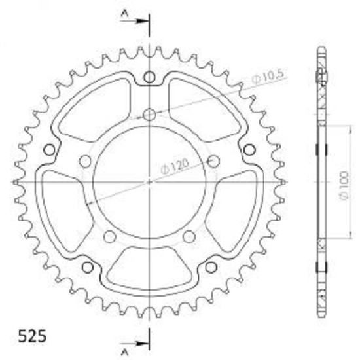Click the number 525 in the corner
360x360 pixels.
(x=32, y=336)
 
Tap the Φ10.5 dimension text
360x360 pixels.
(x=268, y=77)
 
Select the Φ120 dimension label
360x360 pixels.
(x=175, y=166)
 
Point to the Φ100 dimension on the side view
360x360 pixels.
(x=344, y=185)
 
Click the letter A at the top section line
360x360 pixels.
(x=124, y=14)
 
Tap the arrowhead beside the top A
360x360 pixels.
(x=141, y=21)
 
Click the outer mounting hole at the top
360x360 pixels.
(x=149, y=77)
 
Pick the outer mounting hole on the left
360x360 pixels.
(x=49, y=150)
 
